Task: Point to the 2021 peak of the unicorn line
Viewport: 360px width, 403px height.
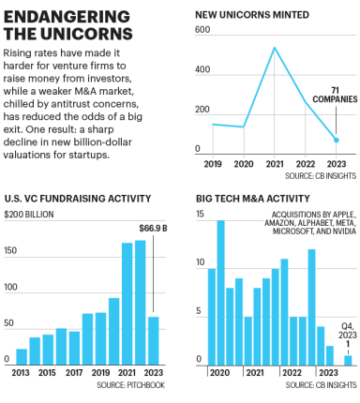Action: [275, 48]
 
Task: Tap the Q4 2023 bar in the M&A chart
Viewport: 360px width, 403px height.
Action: [348, 360]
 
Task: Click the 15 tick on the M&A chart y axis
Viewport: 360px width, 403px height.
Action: [201, 216]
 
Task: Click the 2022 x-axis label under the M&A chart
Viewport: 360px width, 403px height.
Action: [292, 374]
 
